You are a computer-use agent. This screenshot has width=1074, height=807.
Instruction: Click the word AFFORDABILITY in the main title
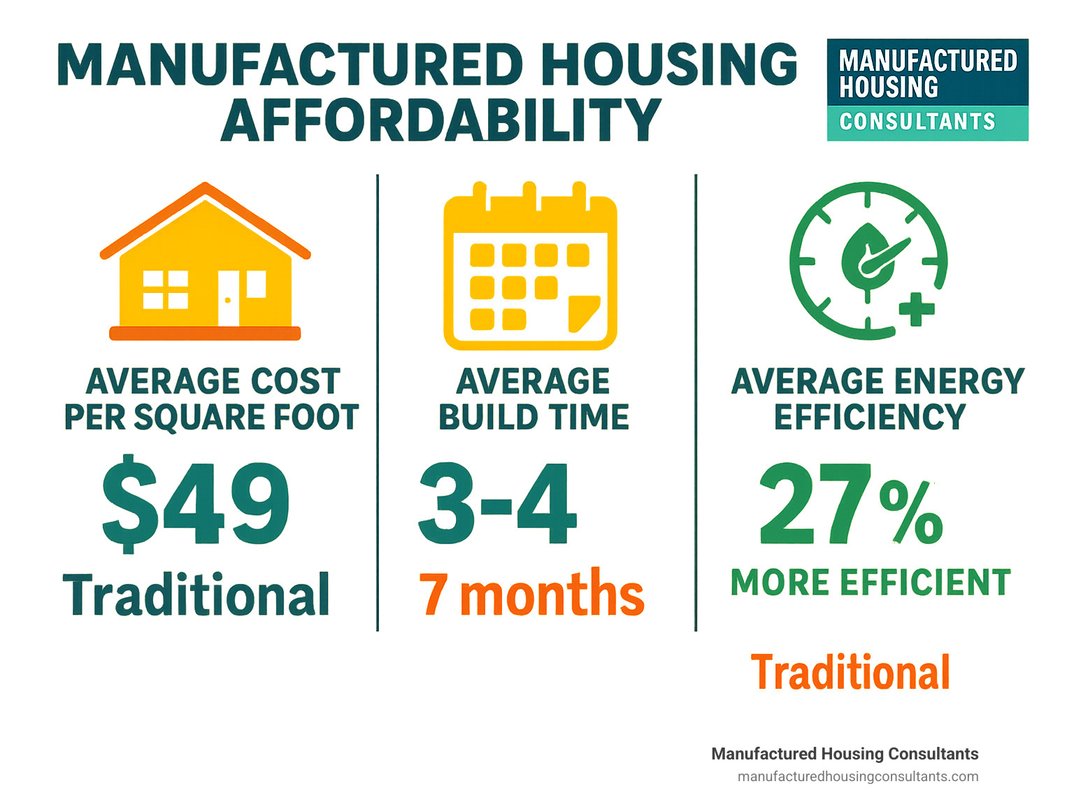coord(441,120)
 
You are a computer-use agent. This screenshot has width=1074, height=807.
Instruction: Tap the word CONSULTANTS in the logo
coord(917,122)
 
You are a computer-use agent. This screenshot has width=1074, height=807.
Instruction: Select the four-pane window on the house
coord(166,290)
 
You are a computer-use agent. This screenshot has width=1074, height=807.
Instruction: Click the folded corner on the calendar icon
coord(584,313)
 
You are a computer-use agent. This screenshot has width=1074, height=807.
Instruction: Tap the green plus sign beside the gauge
coord(916,308)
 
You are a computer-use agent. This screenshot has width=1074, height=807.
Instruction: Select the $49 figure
coord(196,504)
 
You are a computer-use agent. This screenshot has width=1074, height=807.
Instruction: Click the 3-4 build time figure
coord(498,504)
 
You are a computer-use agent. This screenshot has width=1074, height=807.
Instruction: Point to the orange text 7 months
coord(531,594)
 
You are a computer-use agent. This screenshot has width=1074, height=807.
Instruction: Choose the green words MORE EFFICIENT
coord(871,583)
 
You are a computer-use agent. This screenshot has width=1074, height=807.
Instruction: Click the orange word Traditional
coord(850,672)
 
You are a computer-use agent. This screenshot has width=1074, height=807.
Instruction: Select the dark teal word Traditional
coord(196,595)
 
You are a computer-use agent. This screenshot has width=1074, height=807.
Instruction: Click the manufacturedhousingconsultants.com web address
coord(858,776)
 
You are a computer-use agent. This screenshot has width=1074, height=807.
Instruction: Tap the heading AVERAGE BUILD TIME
coord(534,399)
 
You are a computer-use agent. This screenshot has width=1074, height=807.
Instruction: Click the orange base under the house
coord(205,334)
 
